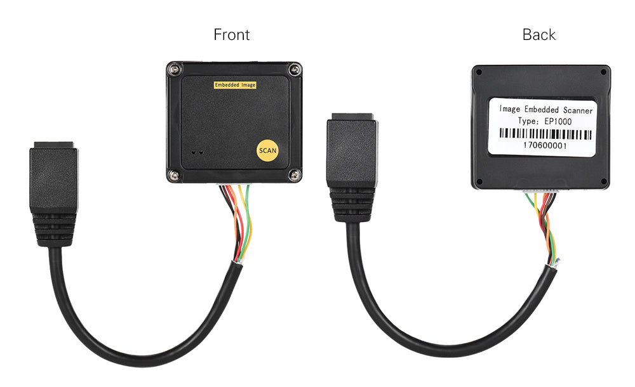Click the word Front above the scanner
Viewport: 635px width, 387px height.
(231, 34)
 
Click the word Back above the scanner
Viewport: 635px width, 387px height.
(539, 34)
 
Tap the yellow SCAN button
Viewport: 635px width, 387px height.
(267, 151)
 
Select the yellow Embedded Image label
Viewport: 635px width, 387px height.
(235, 84)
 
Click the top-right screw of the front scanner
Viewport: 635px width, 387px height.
(293, 68)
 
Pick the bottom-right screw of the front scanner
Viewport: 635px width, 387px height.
(293, 175)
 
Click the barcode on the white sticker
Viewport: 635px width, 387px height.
(545, 134)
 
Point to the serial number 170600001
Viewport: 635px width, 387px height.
(545, 145)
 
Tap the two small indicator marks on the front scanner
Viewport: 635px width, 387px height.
(197, 153)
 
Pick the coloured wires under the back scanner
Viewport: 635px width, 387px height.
(545, 225)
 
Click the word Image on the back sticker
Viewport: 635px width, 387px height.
(509, 110)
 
